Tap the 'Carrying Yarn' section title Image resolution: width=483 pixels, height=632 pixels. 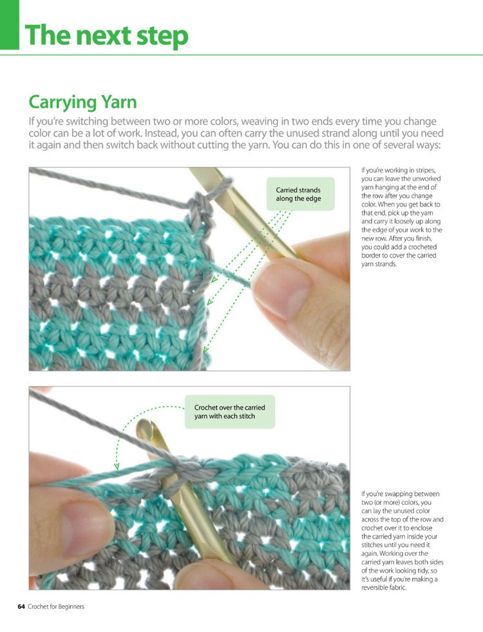[82, 102]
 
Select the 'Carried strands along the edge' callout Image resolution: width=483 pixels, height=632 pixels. [298, 194]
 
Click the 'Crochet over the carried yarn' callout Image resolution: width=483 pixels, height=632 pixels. [229, 412]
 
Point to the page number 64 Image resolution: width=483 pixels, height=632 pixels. [21, 606]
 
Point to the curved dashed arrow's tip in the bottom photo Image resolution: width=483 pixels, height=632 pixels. [117, 466]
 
